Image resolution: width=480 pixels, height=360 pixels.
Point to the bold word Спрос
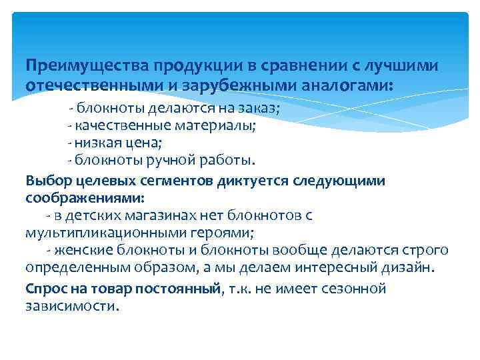point(44,289)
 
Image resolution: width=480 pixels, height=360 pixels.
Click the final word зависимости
point(72,306)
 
